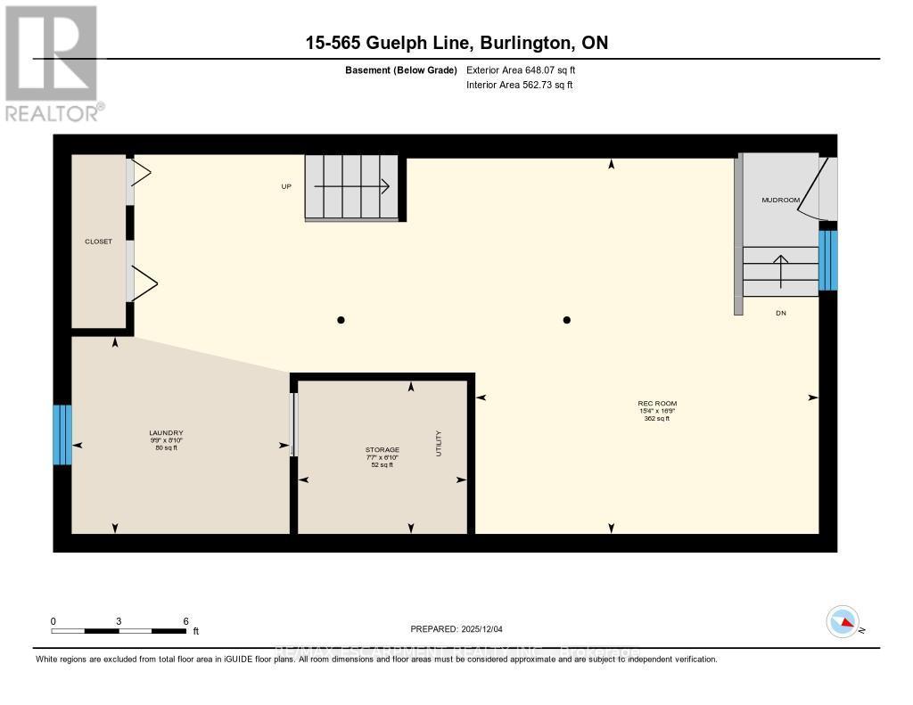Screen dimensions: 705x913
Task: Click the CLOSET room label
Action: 98,242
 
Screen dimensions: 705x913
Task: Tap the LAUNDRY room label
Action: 166,433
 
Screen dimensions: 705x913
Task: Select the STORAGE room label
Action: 382,450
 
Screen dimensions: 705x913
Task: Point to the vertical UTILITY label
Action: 439,443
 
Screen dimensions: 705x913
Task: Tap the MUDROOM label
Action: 779,201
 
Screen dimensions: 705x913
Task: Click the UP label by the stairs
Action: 286,187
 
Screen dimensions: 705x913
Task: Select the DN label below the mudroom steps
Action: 781,313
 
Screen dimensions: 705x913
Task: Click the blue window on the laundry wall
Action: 62,435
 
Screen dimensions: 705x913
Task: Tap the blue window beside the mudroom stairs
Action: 828,260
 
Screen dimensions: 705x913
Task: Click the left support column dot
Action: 341,320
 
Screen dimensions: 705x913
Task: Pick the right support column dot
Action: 567,320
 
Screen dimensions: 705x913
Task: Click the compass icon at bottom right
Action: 843,621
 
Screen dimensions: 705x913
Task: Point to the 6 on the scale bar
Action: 185,621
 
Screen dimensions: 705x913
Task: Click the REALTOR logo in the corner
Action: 52,62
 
